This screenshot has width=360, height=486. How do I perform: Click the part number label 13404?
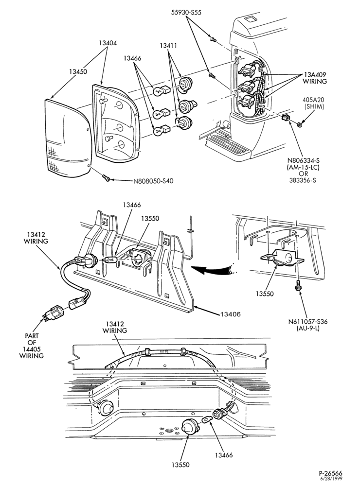(108, 43)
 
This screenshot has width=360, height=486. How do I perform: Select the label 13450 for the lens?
(78, 71)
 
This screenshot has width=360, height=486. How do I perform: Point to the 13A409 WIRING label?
(315, 78)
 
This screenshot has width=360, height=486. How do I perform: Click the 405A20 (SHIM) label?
(313, 103)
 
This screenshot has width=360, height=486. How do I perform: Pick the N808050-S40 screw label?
(153, 181)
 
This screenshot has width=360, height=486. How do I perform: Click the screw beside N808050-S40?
(106, 177)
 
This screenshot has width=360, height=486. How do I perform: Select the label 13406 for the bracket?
(231, 314)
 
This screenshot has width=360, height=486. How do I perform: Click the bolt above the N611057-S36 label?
(297, 285)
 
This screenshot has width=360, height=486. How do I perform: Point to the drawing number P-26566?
(330, 473)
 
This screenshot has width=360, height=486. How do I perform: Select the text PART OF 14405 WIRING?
(32, 346)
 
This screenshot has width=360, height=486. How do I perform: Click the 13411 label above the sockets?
(168, 46)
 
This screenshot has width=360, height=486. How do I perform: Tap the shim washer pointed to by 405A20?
(300, 124)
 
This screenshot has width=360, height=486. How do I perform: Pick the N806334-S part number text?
(303, 160)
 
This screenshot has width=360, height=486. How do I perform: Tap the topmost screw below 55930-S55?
(213, 39)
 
